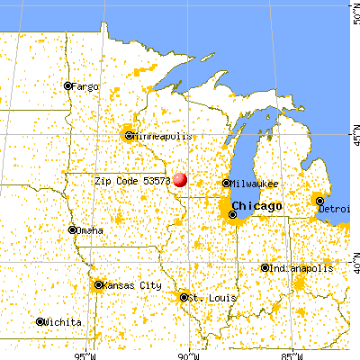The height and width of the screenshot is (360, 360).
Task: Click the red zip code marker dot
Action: (180, 179)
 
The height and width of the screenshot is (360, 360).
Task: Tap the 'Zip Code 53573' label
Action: (132, 181)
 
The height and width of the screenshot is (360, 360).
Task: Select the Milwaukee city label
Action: (256, 183)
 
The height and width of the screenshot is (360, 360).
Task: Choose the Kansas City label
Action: (133, 285)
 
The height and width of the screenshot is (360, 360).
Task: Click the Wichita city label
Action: (62, 321)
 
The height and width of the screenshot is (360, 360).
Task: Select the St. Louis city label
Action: (208, 296)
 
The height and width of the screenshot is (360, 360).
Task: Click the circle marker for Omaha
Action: (73, 229)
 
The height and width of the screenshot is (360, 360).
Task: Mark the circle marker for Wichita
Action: (40, 321)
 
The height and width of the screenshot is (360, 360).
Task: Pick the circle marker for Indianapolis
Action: (265, 267)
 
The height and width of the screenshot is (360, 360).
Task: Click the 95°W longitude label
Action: (86, 354)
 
